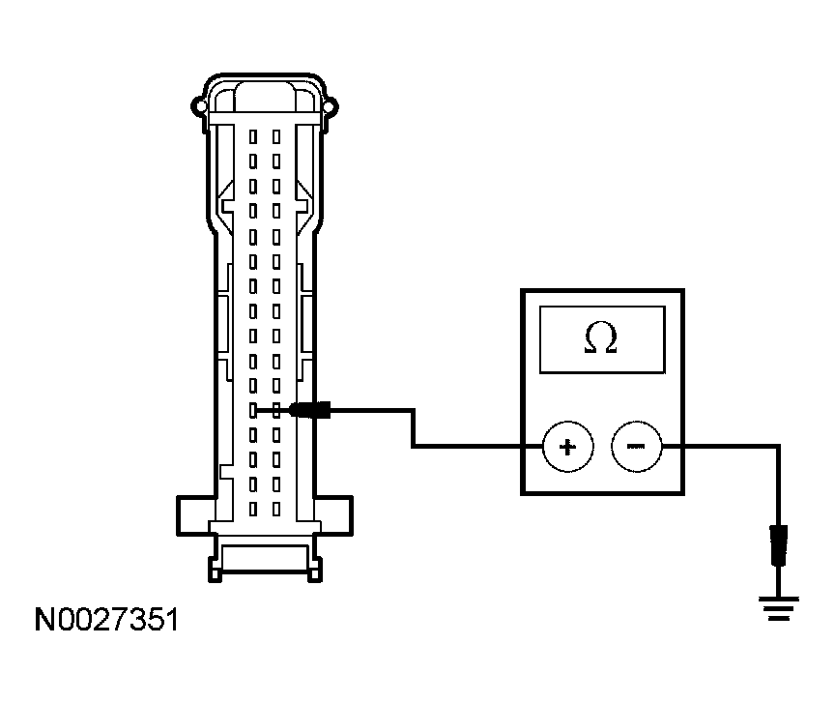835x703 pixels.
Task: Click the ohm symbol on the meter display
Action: [x=601, y=337]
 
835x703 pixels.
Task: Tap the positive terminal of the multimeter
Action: [x=567, y=447]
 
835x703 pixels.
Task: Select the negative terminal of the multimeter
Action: [x=636, y=447]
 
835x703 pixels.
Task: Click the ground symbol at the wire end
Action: [x=779, y=608]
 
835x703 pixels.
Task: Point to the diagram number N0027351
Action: [x=106, y=620]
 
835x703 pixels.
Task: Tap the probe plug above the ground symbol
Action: [x=779, y=545]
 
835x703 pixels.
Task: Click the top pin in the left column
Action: [x=253, y=137]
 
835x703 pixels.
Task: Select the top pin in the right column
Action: [x=275, y=137]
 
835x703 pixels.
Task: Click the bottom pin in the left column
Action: [x=253, y=509]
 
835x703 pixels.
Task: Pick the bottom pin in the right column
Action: [x=275, y=509]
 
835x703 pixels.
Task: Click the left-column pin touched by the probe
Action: [x=253, y=410]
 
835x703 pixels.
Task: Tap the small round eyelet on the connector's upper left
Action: [x=199, y=106]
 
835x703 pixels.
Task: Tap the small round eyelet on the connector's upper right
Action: [x=331, y=106]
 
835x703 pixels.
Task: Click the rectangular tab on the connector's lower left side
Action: [x=195, y=516]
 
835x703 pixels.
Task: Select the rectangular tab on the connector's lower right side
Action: [x=333, y=516]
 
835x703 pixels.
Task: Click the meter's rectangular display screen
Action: [x=602, y=339]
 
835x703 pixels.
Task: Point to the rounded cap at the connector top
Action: [x=265, y=97]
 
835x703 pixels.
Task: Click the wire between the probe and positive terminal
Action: [x=414, y=428]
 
